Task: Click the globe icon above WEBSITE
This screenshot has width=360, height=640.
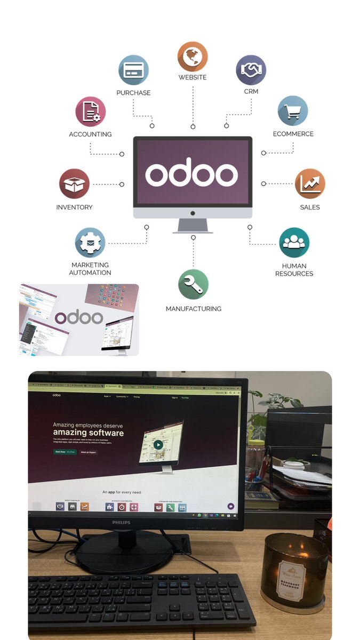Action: (x=193, y=57)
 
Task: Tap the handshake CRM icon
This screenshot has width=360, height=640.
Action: (x=251, y=70)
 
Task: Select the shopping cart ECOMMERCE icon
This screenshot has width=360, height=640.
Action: (x=293, y=111)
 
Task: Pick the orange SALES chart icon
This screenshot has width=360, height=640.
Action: (x=310, y=183)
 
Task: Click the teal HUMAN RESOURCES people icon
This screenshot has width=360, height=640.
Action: (x=294, y=243)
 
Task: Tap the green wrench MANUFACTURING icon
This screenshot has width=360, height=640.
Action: (x=193, y=284)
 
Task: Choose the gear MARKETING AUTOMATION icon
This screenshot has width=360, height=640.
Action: (x=90, y=243)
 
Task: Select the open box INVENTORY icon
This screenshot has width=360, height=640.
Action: (x=74, y=184)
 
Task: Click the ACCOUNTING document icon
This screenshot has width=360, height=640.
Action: (x=90, y=111)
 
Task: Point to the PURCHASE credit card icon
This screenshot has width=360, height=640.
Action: (x=133, y=70)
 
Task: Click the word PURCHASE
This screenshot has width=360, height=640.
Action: (x=133, y=93)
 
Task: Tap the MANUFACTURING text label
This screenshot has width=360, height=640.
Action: (x=193, y=309)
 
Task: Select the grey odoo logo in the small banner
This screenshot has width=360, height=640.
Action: (x=79, y=317)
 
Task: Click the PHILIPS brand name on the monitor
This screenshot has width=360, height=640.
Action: (x=121, y=522)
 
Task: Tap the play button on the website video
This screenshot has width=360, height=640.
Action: (x=158, y=444)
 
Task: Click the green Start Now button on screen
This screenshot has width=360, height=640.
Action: (x=65, y=452)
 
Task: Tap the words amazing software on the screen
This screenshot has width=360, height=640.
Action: (x=88, y=433)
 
